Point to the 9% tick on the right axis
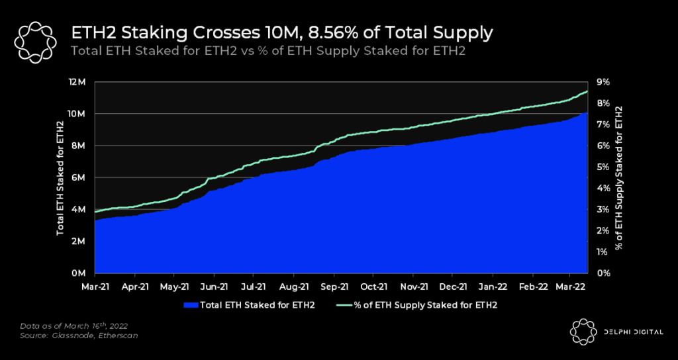pyautogui.click(x=603, y=82)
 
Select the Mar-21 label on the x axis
pyautogui.click(x=95, y=287)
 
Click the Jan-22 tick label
pyautogui.click(x=493, y=287)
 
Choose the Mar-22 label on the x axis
pyautogui.click(x=572, y=287)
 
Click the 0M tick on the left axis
pyautogui.click(x=79, y=273)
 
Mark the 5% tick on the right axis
pyautogui.click(x=603, y=167)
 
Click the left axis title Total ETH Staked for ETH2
pyautogui.click(x=60, y=178)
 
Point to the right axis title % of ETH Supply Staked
pyautogui.click(x=619, y=178)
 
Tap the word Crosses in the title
pyautogui.click(x=198, y=32)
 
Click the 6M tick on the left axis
pyautogui.click(x=79, y=177)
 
